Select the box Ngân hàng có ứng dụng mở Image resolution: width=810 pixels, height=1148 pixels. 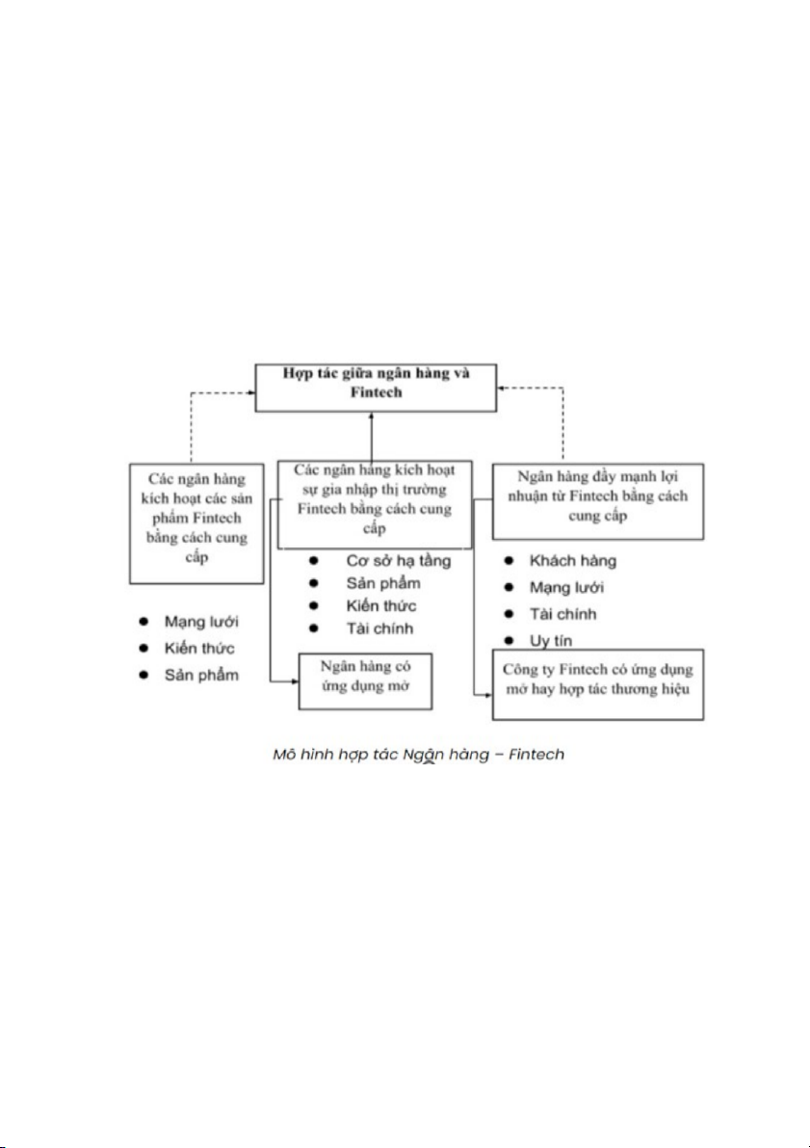click(365, 682)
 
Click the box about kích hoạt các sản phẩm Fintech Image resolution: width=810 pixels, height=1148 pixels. click(196, 521)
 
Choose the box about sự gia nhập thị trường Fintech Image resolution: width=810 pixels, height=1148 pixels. click(375, 492)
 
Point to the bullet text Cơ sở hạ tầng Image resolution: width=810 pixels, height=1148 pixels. click(398, 560)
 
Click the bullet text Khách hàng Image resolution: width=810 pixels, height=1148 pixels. click(572, 560)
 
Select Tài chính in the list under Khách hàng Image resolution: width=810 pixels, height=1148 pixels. click(562, 614)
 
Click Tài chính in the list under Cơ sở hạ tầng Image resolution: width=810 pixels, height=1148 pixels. click(379, 629)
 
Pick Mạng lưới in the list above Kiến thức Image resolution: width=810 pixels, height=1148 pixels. click(199, 622)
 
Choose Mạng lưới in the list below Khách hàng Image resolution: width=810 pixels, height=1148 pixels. click(566, 587)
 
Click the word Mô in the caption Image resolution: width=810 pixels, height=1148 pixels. click(285, 754)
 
